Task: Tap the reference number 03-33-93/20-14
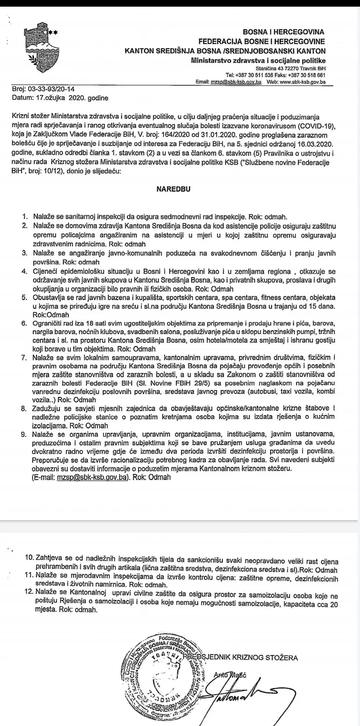(x=49, y=89)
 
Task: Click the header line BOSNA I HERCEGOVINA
(x=284, y=32)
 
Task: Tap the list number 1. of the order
(x=25, y=217)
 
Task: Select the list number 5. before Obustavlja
(x=25, y=297)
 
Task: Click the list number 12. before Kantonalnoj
(x=29, y=592)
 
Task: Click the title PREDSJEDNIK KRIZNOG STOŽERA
(x=240, y=657)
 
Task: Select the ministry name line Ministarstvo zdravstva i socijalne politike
(x=258, y=61)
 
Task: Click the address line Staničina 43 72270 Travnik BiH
(x=290, y=69)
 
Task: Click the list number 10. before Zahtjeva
(x=29, y=557)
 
